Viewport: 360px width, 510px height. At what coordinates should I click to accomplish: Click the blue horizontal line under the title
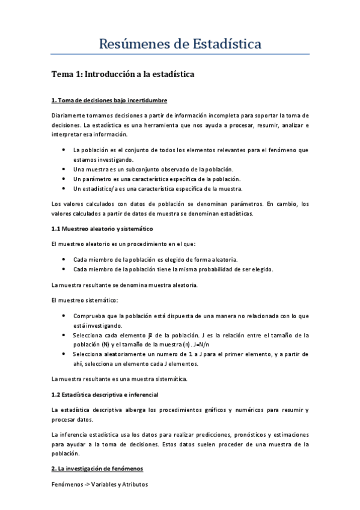coord(180,54)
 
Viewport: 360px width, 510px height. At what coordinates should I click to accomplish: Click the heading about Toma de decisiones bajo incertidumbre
coord(109,100)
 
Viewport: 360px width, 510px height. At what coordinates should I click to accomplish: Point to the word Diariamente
coord(69,115)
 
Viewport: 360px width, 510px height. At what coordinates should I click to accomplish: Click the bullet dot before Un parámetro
coord(65,179)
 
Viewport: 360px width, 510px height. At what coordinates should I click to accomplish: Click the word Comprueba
coord(90,315)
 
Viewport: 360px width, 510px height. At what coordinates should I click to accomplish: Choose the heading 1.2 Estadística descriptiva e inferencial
coord(105,395)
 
